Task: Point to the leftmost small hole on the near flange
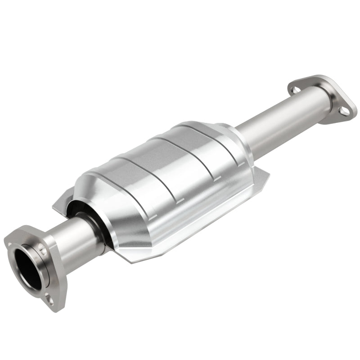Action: click(x=10, y=243)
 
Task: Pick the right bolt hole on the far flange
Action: click(x=344, y=110)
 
